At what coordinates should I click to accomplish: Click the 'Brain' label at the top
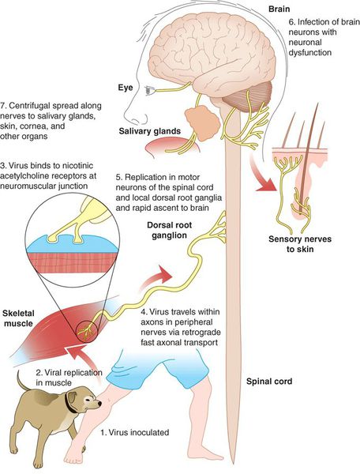point(279,9)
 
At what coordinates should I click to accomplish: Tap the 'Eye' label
point(126,88)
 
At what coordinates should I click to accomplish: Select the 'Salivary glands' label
point(150,131)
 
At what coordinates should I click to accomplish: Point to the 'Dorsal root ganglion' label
point(169,230)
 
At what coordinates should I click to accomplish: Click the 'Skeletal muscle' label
point(18,318)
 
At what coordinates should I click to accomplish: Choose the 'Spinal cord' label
point(269,382)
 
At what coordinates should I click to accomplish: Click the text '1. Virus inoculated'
point(135,432)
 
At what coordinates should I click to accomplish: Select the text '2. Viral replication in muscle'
point(69,378)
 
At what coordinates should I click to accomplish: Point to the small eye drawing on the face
point(149,90)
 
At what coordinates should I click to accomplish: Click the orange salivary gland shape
point(202,122)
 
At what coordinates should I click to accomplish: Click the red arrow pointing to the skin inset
point(263,175)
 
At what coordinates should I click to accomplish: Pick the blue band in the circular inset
point(72,243)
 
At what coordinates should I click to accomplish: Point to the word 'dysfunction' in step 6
point(309,52)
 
